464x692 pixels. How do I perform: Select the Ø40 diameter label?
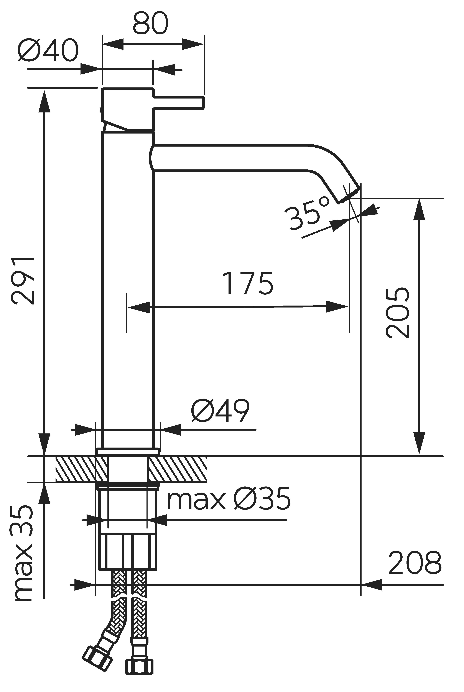(48, 50)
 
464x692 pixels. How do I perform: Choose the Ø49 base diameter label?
(220, 410)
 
